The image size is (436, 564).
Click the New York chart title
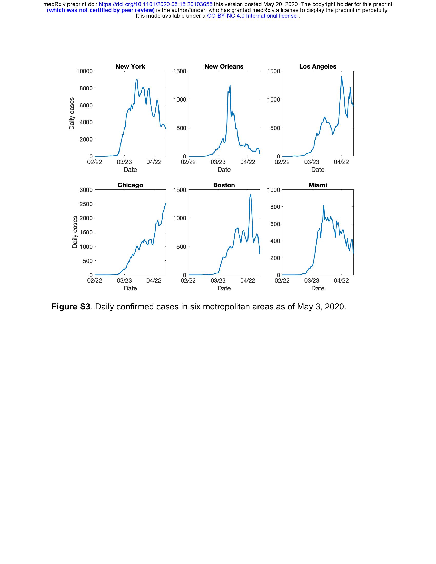tap(130, 67)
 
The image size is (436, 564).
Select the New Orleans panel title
tap(224, 67)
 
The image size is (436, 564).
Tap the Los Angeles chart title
tap(318, 67)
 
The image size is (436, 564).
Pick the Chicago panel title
tap(130, 185)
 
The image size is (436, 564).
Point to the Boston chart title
tap(224, 185)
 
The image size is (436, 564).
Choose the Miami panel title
tap(318, 185)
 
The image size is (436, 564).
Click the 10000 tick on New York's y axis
tap(84, 71)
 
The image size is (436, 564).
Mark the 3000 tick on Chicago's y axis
tap(86, 190)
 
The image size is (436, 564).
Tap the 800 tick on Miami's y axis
tap(275, 207)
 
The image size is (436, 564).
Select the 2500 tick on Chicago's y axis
tap(86, 204)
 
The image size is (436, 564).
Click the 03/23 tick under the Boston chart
tap(218, 281)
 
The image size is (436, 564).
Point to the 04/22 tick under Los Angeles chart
tap(341, 162)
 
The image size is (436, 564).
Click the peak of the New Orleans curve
tap(230, 85)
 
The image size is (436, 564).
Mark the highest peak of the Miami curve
tap(324, 206)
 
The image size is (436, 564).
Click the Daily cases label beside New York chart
tap(72, 113)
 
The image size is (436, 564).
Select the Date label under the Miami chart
tap(318, 288)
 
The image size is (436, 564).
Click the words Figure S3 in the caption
tap(71, 307)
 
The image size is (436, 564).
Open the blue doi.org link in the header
tap(156, 4)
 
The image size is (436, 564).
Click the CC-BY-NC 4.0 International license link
tap(252, 16)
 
